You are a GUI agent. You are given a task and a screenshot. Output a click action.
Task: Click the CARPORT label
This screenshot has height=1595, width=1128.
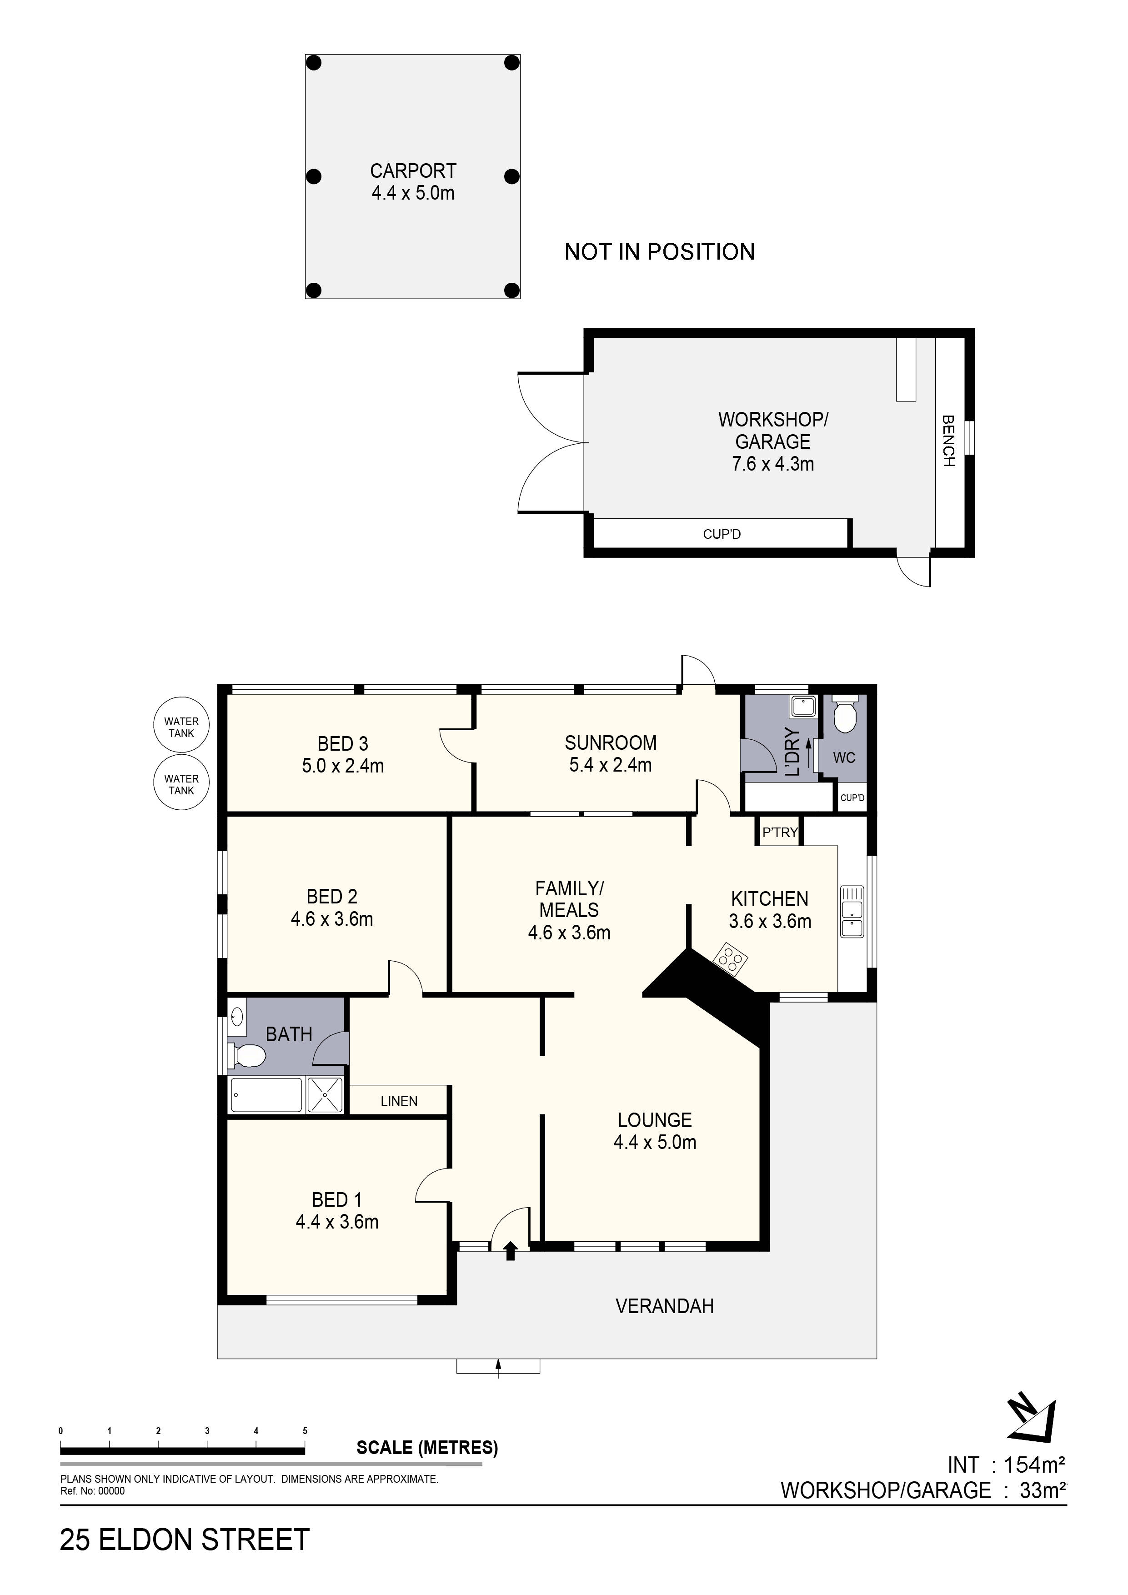pyautogui.click(x=412, y=171)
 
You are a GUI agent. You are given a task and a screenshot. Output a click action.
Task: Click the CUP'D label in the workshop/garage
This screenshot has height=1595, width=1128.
pyautogui.click(x=722, y=534)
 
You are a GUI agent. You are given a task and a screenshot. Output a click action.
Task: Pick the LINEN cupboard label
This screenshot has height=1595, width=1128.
pyautogui.click(x=399, y=1101)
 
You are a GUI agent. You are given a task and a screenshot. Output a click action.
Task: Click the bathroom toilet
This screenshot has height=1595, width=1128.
pyautogui.click(x=247, y=1057)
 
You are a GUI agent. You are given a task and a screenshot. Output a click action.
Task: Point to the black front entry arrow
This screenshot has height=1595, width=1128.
pyautogui.click(x=511, y=1252)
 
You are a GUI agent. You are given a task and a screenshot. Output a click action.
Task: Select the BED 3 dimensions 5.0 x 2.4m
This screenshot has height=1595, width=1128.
pyautogui.click(x=342, y=766)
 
